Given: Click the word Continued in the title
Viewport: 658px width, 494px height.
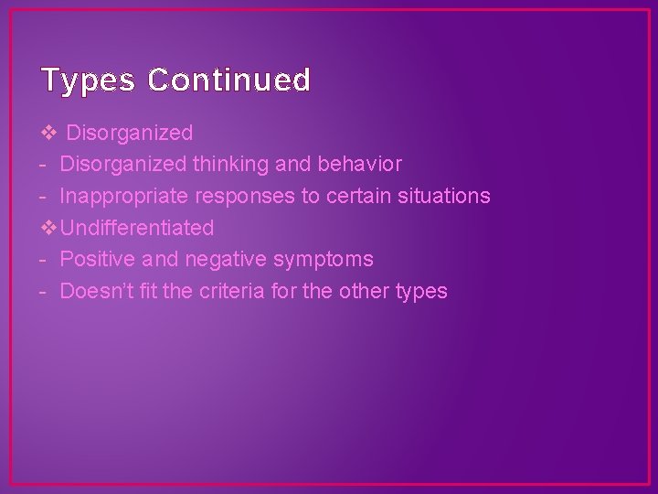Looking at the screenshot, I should coord(228,81).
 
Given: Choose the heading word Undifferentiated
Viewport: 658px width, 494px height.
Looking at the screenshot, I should coord(137,228).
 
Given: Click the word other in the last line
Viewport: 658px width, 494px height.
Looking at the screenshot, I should coord(364,291).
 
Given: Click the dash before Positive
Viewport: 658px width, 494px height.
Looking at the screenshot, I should coord(44,260).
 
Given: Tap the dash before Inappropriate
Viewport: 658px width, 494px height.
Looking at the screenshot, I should coord(44,196).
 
